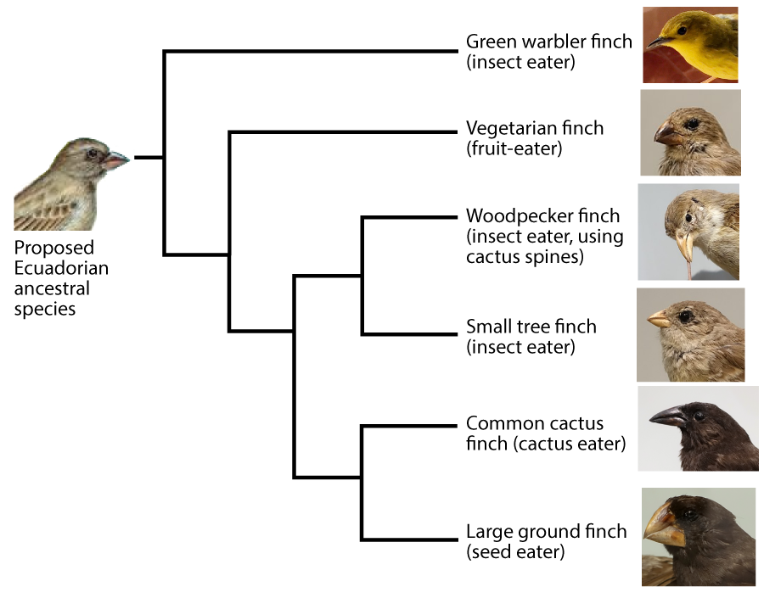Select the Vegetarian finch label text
point(535,128)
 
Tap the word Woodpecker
point(519,215)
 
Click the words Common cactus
point(535,423)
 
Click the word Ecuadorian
point(61,268)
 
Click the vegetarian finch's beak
point(667,133)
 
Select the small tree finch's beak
point(659,319)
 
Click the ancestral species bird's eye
point(92,154)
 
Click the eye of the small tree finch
point(686,316)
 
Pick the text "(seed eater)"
point(515,551)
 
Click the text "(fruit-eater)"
point(514,148)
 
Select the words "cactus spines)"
point(525,257)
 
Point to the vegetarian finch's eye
point(692,124)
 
